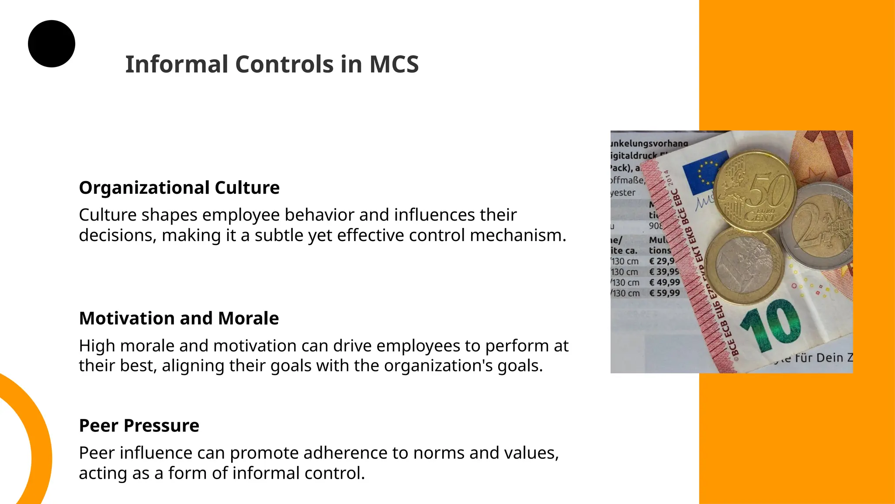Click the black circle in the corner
click(x=52, y=44)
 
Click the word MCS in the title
click(x=394, y=64)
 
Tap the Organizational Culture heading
click(x=179, y=188)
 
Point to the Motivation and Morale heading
click(x=179, y=318)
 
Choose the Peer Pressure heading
click(x=139, y=426)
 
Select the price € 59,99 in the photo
click(x=664, y=293)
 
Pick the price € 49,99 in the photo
click(x=664, y=283)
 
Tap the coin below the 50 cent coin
click(x=742, y=266)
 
